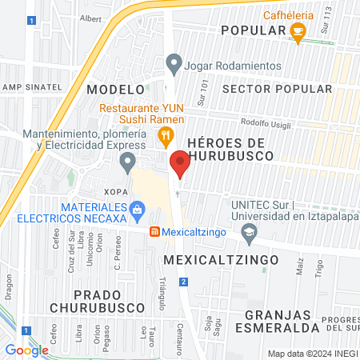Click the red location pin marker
[x=179, y=163]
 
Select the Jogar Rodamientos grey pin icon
[x=173, y=63]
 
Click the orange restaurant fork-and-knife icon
[x=165, y=135]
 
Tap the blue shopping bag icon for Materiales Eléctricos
[x=137, y=211]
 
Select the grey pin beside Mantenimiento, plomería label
[x=126, y=163]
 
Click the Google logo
[x=26, y=350]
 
